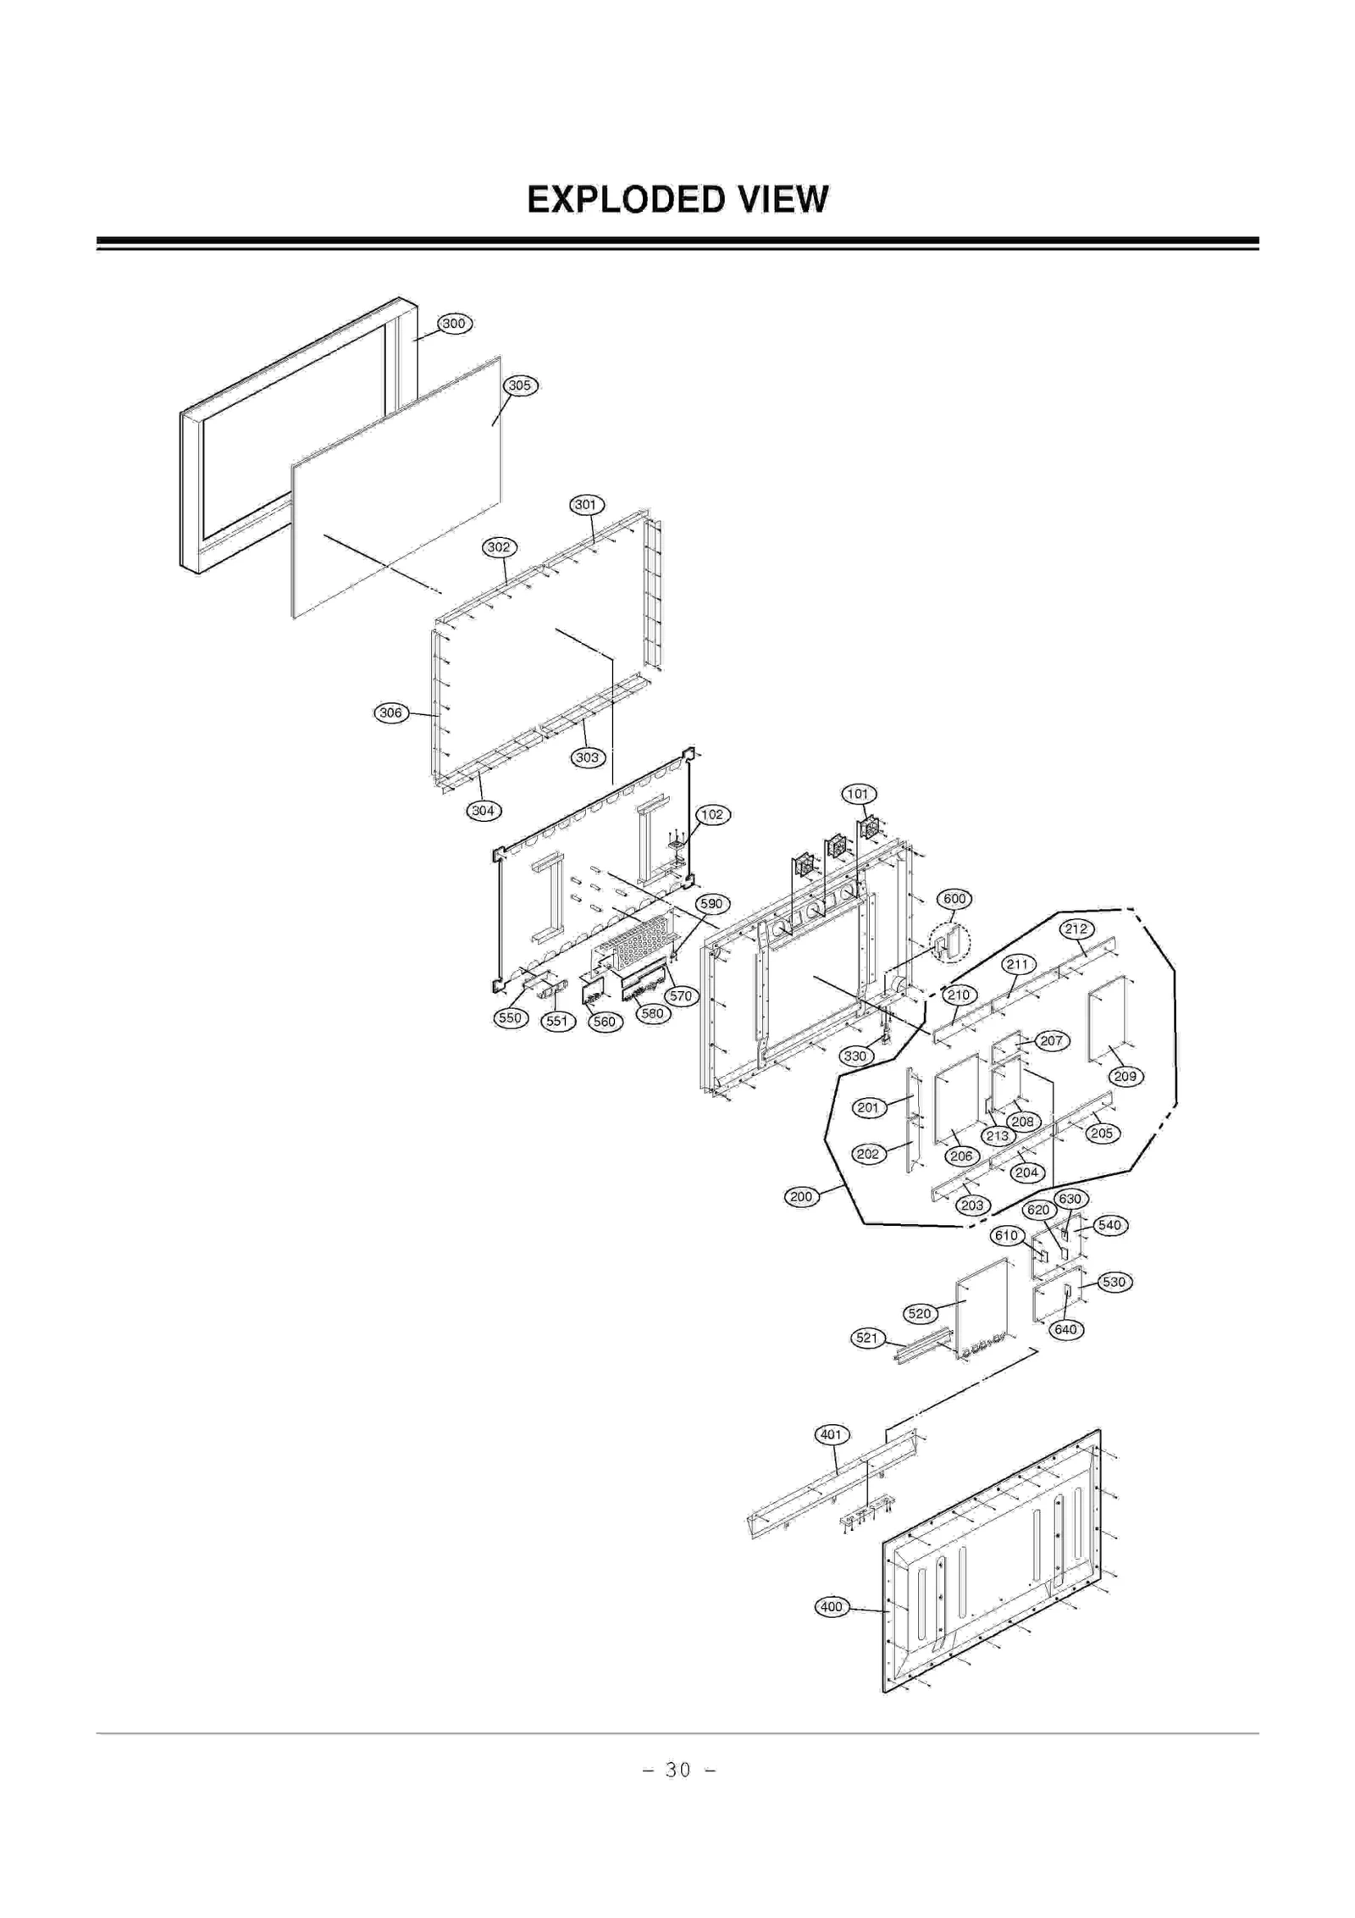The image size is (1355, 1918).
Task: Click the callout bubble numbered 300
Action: [454, 324]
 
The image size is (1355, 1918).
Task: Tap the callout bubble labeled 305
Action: [519, 385]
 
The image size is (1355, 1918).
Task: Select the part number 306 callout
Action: [390, 712]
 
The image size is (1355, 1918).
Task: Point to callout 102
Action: [712, 814]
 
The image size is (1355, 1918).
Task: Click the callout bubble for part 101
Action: [858, 794]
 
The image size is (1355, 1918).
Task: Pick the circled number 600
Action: [954, 899]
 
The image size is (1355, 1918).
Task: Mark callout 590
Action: [712, 904]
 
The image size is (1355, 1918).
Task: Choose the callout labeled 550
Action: [510, 1017]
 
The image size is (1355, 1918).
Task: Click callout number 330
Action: [855, 1056]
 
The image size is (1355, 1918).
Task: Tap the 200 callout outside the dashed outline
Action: [801, 1197]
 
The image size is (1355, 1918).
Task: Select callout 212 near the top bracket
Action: [1076, 929]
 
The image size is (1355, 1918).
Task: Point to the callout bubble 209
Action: [1125, 1077]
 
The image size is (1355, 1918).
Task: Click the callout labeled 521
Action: [867, 1339]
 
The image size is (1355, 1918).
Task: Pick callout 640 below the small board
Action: [1065, 1329]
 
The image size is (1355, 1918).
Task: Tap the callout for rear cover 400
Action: [832, 1607]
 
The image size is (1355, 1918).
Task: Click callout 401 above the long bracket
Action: [831, 1434]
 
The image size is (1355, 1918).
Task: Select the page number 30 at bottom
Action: [677, 1770]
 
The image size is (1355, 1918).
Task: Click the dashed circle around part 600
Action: [950, 942]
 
